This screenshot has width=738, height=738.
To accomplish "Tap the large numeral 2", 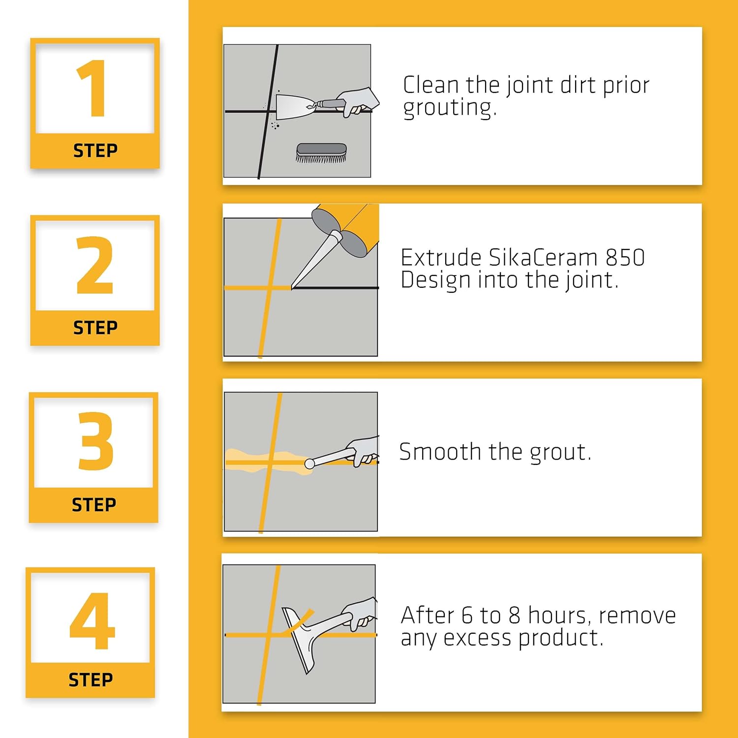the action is [x=95, y=265].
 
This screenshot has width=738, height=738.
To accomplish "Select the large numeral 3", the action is [x=95, y=441].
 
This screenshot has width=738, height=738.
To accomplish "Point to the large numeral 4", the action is [x=92, y=620].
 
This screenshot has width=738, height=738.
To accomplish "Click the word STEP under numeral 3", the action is [x=94, y=505].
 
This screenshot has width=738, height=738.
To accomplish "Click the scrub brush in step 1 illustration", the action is [x=321, y=153].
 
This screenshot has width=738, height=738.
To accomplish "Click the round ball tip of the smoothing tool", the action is [x=309, y=463].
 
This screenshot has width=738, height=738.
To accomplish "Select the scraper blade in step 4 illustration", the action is [x=298, y=640].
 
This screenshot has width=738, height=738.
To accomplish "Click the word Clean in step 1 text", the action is [x=431, y=85].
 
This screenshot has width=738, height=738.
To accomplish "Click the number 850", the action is [x=625, y=257].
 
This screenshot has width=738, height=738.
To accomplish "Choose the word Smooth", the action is [x=440, y=452].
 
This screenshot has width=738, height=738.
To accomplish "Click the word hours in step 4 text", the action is [x=560, y=615].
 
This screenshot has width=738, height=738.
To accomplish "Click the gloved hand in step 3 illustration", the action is [x=363, y=450].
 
